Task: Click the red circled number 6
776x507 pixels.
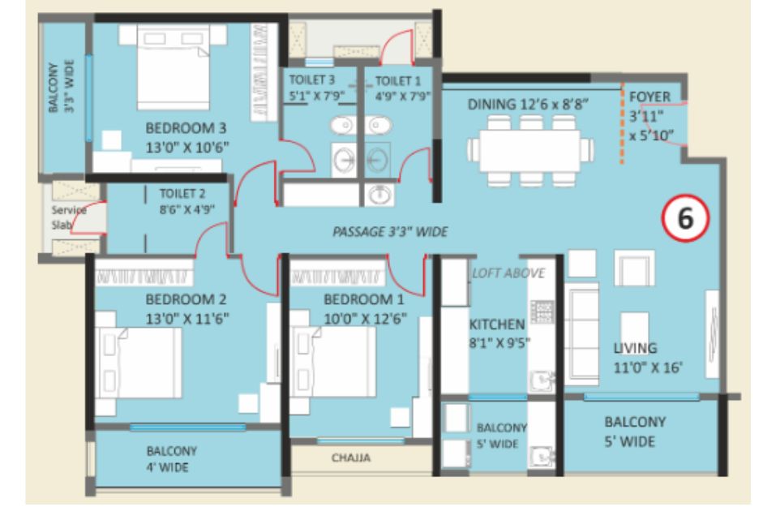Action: [x=685, y=218]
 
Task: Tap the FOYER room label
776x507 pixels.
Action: [x=650, y=97]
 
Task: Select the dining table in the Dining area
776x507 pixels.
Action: [x=530, y=151]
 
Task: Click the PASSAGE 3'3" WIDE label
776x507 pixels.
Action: [x=391, y=232]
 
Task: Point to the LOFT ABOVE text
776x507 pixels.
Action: [x=508, y=273]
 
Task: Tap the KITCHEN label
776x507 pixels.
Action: [x=497, y=324]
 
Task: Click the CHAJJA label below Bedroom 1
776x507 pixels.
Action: [x=351, y=458]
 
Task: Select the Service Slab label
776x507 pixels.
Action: [x=69, y=217]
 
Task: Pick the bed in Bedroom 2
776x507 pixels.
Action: [x=139, y=363]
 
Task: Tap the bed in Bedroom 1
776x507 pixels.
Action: [x=333, y=362]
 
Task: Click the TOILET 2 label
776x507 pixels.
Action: [x=182, y=194]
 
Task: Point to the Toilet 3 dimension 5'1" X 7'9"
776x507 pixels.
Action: [x=316, y=96]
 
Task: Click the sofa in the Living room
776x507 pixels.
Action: [x=581, y=334]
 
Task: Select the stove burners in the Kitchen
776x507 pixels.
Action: [x=542, y=312]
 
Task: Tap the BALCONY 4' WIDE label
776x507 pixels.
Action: [x=168, y=459]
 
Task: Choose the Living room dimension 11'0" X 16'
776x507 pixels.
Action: [x=649, y=367]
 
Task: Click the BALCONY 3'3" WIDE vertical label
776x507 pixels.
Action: [x=62, y=87]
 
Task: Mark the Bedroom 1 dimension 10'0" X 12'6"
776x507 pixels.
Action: [x=365, y=319]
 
